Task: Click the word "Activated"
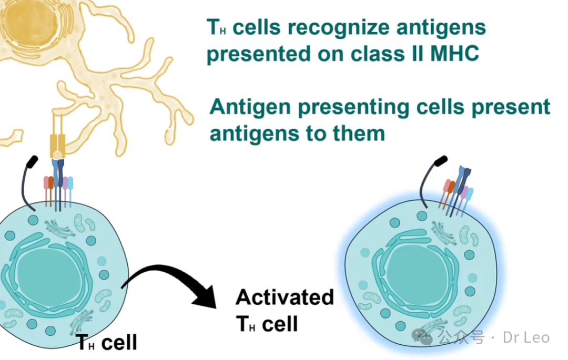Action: tap(285, 297)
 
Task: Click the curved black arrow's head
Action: tap(205, 297)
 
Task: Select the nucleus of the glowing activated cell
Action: tap(416, 273)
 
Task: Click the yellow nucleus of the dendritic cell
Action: tap(30, 23)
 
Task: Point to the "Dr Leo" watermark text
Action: tap(526, 337)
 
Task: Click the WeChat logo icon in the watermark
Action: tap(422, 336)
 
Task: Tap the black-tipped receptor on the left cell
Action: tap(28, 183)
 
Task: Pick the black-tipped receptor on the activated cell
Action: tap(432, 181)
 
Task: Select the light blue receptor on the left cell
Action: tap(70, 192)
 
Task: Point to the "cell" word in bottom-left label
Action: tap(119, 342)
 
